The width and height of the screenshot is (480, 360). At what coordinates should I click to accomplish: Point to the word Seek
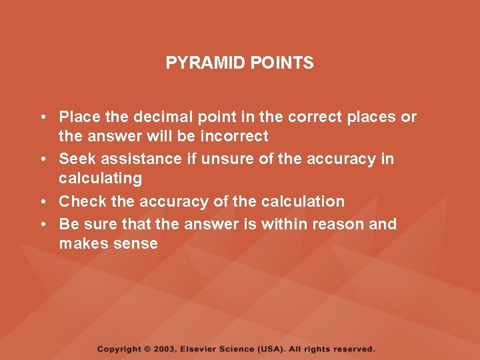tap(75, 159)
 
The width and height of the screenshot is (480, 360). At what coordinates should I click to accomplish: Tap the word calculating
tap(100, 179)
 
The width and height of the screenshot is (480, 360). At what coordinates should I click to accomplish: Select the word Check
tap(79, 201)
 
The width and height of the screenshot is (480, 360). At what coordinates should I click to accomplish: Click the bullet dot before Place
tap(41, 117)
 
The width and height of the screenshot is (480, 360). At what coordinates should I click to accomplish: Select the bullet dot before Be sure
tap(41, 224)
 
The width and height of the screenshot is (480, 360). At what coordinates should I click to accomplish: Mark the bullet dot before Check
tap(41, 201)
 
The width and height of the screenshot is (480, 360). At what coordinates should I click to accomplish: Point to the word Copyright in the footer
tap(119, 349)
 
